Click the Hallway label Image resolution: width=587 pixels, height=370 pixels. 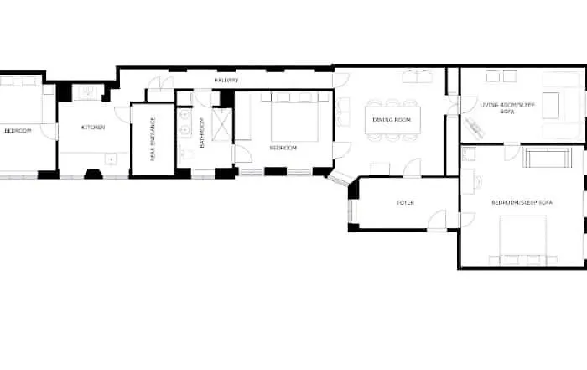[x=226, y=81]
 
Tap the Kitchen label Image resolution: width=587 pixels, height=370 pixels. [x=93, y=128]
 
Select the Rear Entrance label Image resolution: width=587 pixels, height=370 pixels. [x=153, y=139]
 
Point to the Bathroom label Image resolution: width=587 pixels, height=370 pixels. [x=202, y=133]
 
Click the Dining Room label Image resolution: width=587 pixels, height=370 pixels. [x=392, y=120]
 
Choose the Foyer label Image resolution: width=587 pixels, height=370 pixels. [x=405, y=202]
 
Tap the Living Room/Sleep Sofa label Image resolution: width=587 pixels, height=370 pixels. [x=507, y=108]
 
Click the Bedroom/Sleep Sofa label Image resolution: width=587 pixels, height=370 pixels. [x=522, y=202]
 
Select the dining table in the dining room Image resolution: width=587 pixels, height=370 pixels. [x=392, y=120]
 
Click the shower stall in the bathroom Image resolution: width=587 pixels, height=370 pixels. [x=221, y=124]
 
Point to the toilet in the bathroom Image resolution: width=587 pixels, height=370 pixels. [x=186, y=154]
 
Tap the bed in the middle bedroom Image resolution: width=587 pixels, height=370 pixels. [x=294, y=117]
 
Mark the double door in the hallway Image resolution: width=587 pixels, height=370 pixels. [x=161, y=83]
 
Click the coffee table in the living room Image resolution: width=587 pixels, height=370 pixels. [x=551, y=106]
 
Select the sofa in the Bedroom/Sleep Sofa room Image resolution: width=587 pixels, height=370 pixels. [x=548, y=158]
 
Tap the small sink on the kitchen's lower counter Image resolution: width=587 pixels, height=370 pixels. [x=111, y=159]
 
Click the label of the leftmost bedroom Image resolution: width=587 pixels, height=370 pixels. [x=18, y=131]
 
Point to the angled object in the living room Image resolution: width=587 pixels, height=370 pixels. [x=475, y=128]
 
